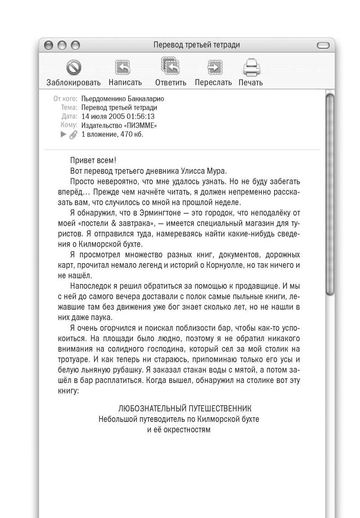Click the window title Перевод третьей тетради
tap(196, 45)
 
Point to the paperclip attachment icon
tap(73, 135)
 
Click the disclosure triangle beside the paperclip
tap(64, 135)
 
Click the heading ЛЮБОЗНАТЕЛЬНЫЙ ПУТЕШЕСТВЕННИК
tap(184, 408)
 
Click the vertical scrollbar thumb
tap(331, 194)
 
